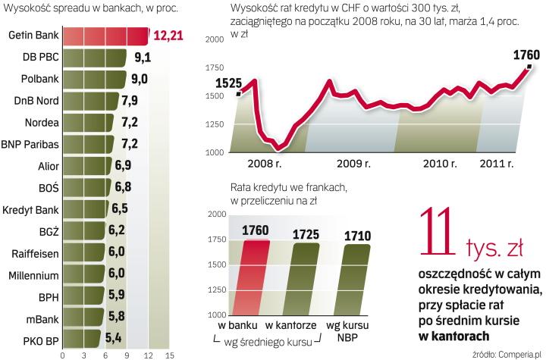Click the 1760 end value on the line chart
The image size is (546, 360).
[x=525, y=55]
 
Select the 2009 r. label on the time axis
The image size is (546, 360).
[x=354, y=163]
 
